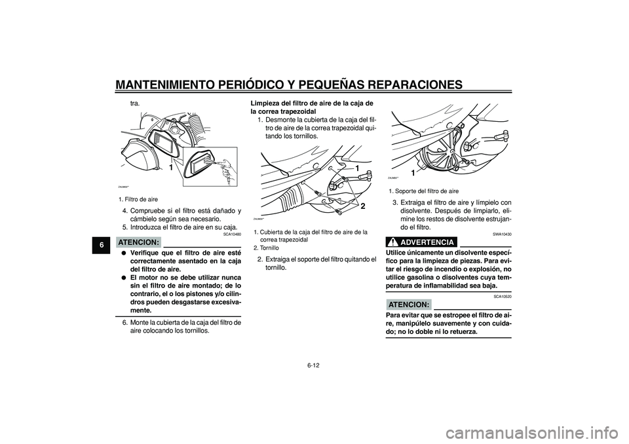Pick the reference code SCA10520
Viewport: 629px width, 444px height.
[501, 297]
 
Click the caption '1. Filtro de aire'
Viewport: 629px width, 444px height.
[138, 198]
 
